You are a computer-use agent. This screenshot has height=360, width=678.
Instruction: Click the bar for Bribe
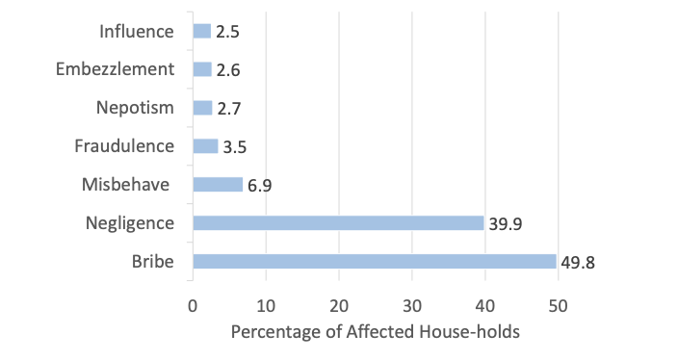click(x=374, y=261)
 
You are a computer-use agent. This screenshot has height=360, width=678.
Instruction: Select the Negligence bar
click(x=338, y=223)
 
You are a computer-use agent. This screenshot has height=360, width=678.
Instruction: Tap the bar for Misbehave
click(x=218, y=185)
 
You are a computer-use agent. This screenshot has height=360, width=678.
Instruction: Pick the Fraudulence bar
click(x=205, y=146)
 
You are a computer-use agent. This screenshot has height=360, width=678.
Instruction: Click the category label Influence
click(x=137, y=31)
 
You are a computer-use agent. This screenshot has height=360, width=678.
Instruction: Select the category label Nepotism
click(x=135, y=108)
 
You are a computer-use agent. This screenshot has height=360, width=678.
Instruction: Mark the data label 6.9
click(x=259, y=186)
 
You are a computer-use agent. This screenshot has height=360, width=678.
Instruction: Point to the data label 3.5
click(x=234, y=147)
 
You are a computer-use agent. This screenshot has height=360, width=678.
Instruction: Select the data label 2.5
click(x=227, y=32)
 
